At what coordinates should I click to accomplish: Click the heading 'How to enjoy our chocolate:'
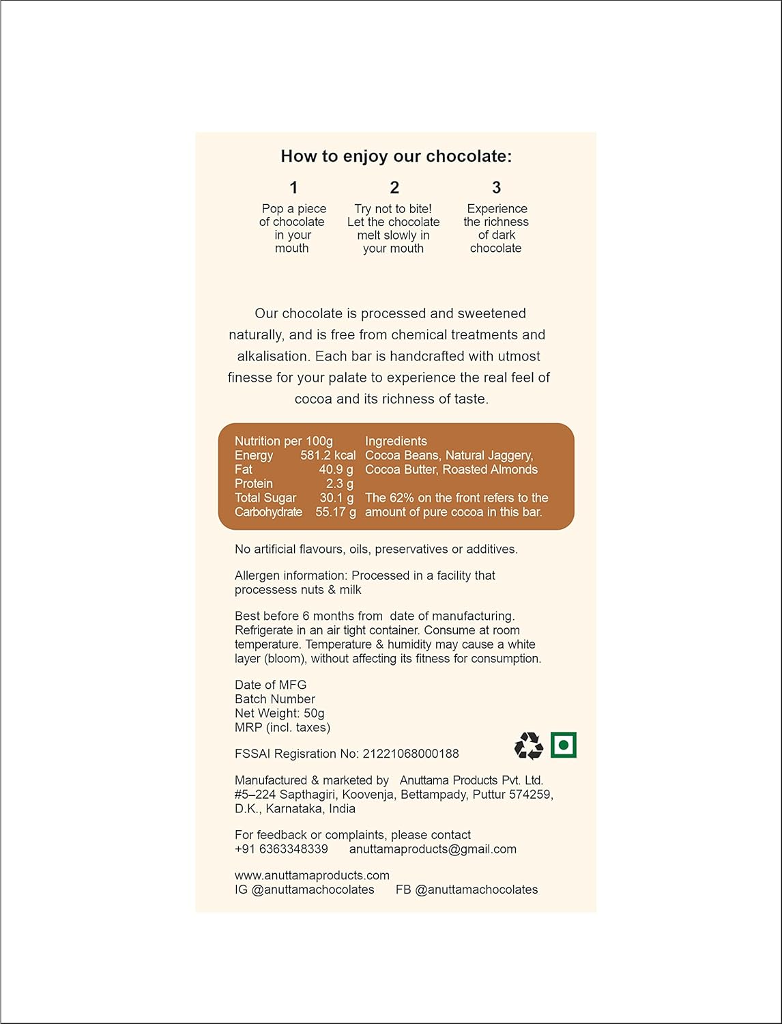(x=396, y=156)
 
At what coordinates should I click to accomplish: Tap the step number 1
(x=293, y=188)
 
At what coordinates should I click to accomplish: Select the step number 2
(x=394, y=188)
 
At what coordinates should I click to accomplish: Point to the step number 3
(x=496, y=188)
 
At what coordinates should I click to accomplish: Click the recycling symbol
(x=528, y=745)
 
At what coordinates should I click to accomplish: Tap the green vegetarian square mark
(x=564, y=745)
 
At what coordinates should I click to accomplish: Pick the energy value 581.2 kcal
(x=328, y=455)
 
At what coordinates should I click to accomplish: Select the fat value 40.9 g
(x=336, y=470)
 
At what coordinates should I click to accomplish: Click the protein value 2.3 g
(x=339, y=484)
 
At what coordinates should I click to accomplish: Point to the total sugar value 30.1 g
(x=336, y=498)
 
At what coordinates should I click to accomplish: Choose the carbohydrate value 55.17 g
(x=335, y=512)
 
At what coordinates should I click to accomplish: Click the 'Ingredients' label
(x=396, y=441)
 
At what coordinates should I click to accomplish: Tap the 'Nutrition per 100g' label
(x=284, y=441)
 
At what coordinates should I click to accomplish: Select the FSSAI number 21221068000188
(x=411, y=754)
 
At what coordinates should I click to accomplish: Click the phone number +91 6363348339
(x=281, y=849)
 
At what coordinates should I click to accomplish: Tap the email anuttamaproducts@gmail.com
(x=433, y=849)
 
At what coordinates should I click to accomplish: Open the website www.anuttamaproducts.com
(x=312, y=875)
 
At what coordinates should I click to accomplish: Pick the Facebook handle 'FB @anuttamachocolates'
(x=467, y=890)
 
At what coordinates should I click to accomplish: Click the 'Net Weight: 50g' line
(x=280, y=713)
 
